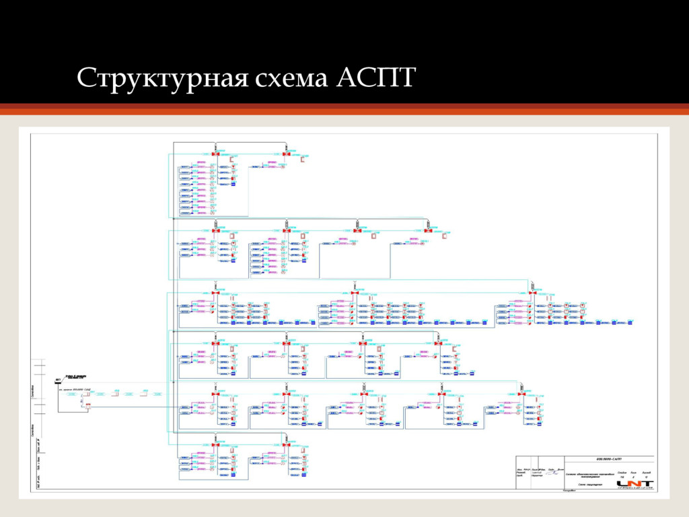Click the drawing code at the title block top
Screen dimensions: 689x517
point(609,458)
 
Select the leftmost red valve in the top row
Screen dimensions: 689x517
point(215,155)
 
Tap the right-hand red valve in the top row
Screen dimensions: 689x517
point(286,155)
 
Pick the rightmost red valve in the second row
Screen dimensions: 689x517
point(428,230)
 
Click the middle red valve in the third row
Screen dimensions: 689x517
point(354,294)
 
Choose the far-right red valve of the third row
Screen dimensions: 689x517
point(532,294)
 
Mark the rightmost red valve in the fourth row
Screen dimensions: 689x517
point(437,343)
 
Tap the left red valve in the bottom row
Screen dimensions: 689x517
point(215,445)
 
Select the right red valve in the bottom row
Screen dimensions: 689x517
point(286,445)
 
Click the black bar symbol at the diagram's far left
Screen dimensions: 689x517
point(58,383)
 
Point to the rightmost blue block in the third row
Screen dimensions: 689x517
point(630,323)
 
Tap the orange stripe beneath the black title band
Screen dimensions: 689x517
point(344,110)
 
